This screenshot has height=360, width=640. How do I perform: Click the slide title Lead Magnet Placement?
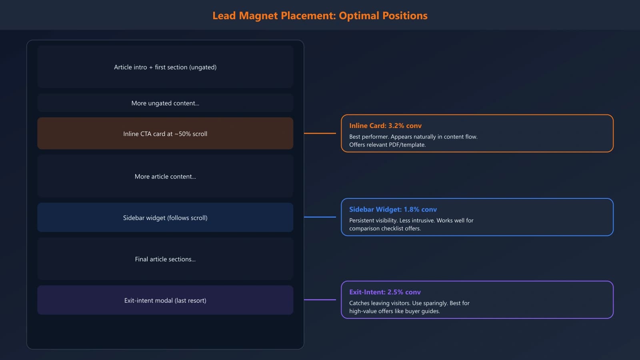point(320,16)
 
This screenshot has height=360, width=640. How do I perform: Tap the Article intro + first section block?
point(165,67)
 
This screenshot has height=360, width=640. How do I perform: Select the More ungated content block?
point(165,103)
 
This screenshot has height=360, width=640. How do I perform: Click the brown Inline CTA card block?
point(165,134)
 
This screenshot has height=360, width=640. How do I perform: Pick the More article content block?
point(165,176)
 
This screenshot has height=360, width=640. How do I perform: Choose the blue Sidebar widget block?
point(165,218)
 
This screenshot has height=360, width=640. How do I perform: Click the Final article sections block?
point(165,259)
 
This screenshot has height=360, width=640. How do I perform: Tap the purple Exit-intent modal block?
point(165,300)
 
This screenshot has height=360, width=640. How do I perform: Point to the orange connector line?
point(320,133)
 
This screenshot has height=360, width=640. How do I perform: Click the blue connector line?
point(320,217)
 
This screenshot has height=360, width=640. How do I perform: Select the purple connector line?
point(320,300)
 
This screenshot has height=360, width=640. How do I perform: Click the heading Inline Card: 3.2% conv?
point(385,126)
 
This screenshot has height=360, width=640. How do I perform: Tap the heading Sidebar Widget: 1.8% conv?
point(393,209)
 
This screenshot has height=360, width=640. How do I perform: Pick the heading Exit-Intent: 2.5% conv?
point(385,292)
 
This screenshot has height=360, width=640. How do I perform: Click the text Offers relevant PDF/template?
point(387,145)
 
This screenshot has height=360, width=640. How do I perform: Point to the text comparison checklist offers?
point(385,228)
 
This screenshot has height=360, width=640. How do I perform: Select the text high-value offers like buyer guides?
point(394,311)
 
